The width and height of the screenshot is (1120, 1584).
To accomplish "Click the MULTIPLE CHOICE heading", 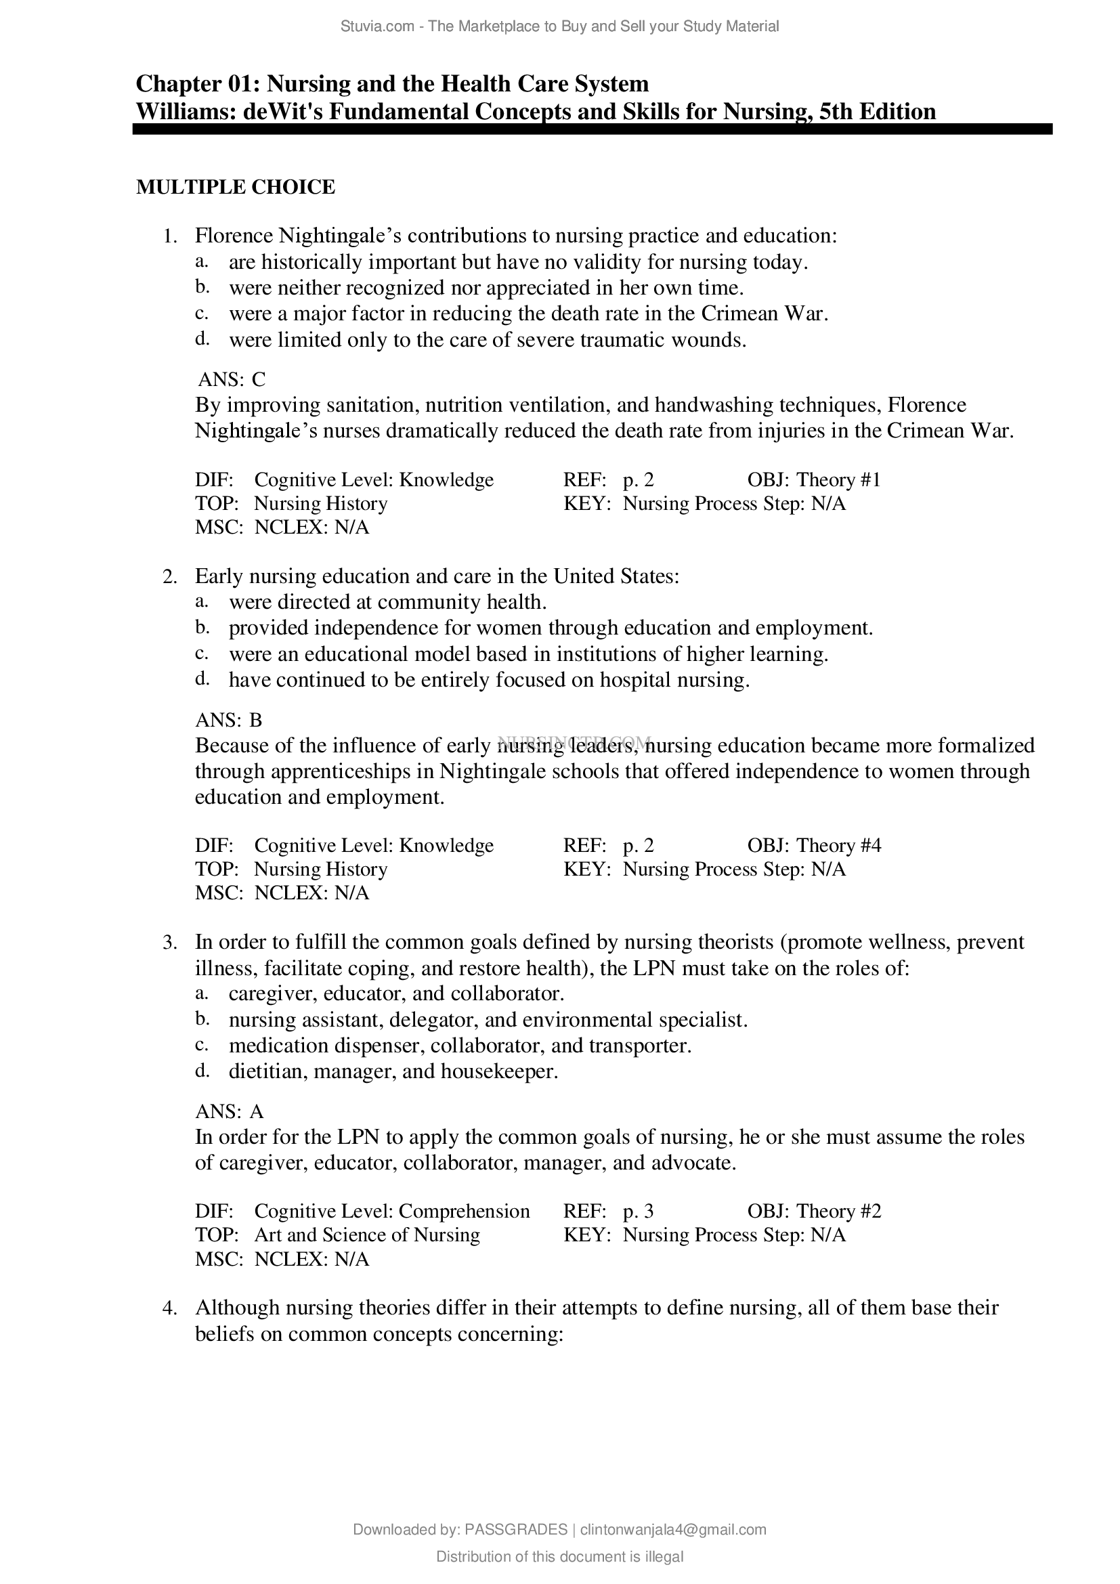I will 235,187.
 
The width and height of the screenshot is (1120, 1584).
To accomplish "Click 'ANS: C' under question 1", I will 231,379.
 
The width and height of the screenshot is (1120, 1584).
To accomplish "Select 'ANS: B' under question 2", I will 229,721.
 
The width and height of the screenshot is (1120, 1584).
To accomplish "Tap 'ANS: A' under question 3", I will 229,1111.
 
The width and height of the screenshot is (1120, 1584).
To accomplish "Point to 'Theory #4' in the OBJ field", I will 838,846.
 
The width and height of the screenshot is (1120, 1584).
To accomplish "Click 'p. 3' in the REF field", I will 638,1212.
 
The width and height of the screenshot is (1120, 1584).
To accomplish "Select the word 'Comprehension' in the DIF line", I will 464,1212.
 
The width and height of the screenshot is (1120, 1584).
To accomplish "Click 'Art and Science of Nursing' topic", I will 367,1235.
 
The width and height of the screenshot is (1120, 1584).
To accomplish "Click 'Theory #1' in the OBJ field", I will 838,480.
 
